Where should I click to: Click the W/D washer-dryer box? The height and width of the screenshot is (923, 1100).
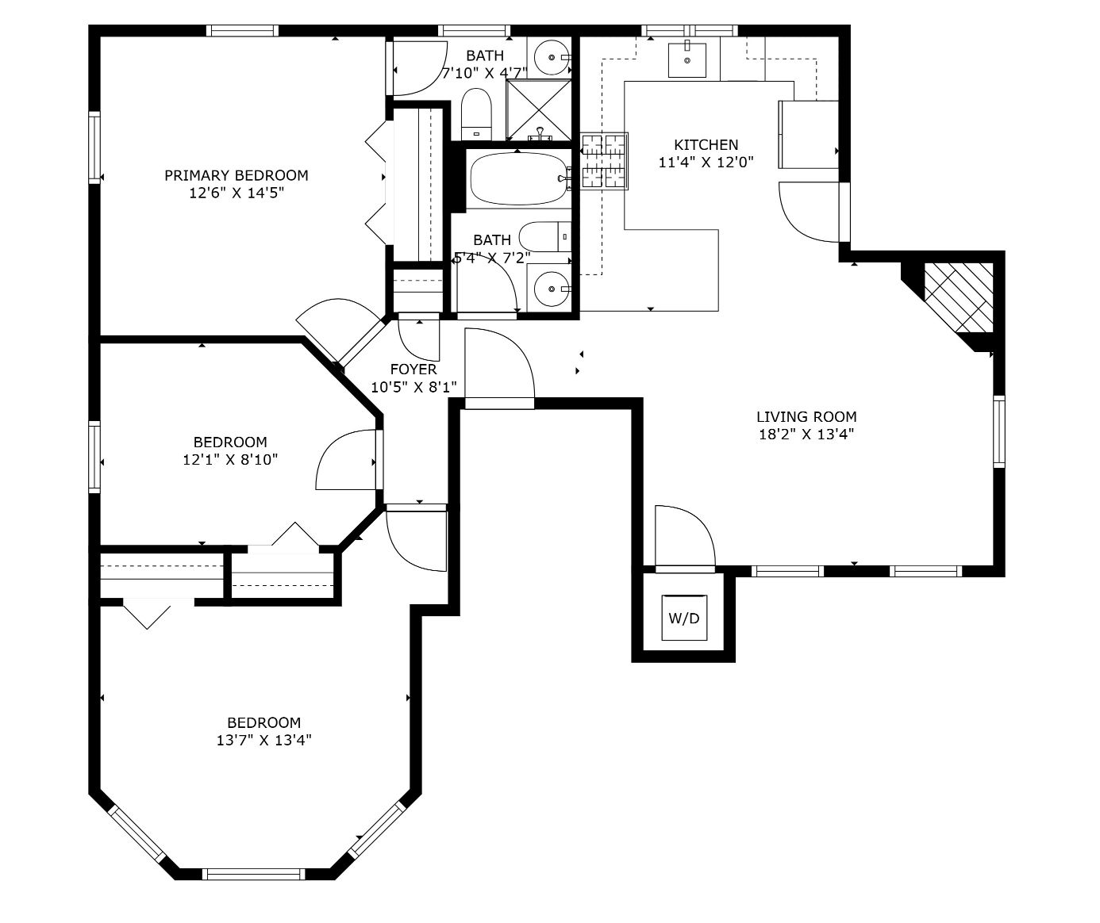pos(684,618)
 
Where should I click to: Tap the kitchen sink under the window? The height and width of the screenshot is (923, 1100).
pos(687,60)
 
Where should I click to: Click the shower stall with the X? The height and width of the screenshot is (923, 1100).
pos(538,110)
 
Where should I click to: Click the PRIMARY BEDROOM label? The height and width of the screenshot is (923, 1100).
pos(237,175)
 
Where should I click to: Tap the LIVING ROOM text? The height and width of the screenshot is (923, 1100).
pos(806,417)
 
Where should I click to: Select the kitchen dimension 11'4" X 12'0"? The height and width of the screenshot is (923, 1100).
pos(706,163)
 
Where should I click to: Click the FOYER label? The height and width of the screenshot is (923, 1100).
pos(413,370)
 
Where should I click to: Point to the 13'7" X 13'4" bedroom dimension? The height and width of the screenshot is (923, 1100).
pos(264,741)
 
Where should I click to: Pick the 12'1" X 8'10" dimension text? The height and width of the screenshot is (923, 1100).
pos(230,460)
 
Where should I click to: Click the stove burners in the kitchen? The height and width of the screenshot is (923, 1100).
pos(604,161)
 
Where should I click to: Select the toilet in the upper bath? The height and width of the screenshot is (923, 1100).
pos(476,114)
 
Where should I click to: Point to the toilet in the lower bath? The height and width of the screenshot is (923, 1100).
pos(545,237)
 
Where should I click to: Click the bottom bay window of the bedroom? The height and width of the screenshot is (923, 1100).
pos(253,874)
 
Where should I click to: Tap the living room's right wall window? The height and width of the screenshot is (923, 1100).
pos(999,431)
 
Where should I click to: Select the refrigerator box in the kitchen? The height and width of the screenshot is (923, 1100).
pos(808,134)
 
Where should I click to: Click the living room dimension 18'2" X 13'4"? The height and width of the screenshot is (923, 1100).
pos(806,435)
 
